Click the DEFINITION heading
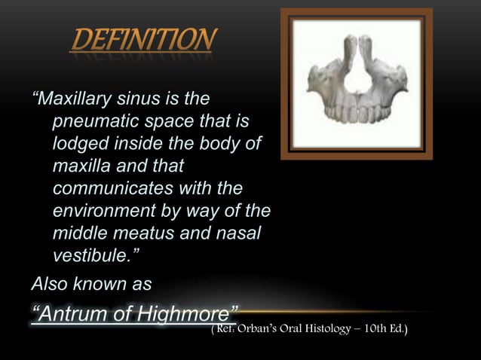click(142, 39)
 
